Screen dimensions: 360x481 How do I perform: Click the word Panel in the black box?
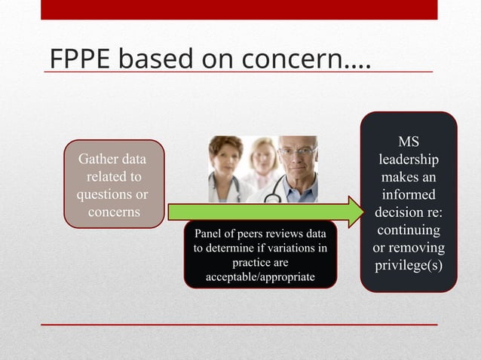tap(210, 234)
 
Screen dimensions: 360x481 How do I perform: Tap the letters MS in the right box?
tap(408, 142)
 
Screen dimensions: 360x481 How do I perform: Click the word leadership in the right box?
tap(408, 160)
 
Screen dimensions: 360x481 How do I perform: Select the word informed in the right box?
tap(408, 195)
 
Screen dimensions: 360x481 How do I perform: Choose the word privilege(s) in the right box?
tap(408, 265)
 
